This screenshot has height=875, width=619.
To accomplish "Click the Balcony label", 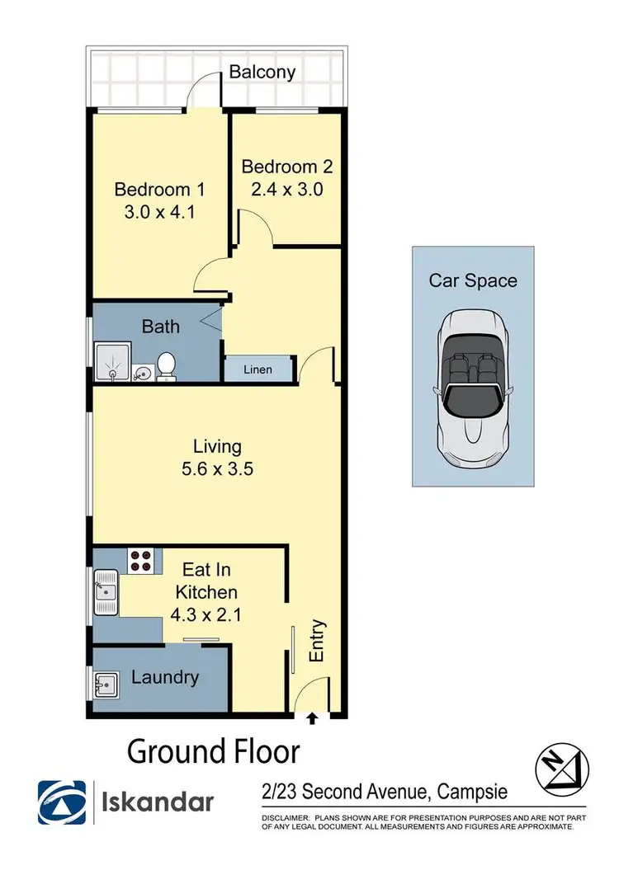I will coord(262,72).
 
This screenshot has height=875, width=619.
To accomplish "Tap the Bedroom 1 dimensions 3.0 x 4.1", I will coord(159,210).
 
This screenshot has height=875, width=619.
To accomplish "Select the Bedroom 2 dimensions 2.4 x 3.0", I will coord(286,188).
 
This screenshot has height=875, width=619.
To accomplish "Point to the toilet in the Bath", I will coord(167,367).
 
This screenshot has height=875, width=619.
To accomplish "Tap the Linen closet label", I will coord(258,369).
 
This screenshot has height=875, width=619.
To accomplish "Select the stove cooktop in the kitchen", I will coord(140,561).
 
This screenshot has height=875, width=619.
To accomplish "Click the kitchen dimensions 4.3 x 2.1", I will coord(206,614).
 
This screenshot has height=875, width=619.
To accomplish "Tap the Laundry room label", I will coord(165,678).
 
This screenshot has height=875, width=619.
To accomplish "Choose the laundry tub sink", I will coord(103,684).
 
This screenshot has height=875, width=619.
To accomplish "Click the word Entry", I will coord(317,641).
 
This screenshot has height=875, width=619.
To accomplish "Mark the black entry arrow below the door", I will coord(312,719).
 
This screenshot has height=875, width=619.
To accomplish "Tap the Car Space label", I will coord(473,280).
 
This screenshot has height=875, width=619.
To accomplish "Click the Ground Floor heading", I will coord(213,752).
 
